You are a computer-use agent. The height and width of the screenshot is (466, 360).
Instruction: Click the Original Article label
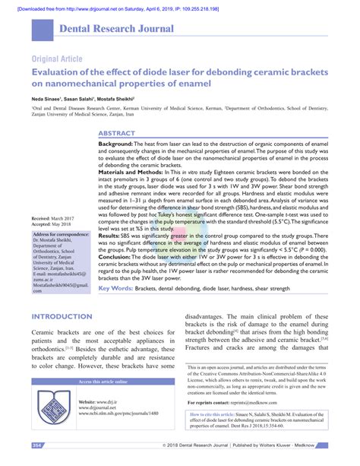pyautogui.click(x=58, y=59)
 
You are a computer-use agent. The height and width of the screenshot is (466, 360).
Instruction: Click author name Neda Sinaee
pyautogui.click(x=48, y=99)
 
